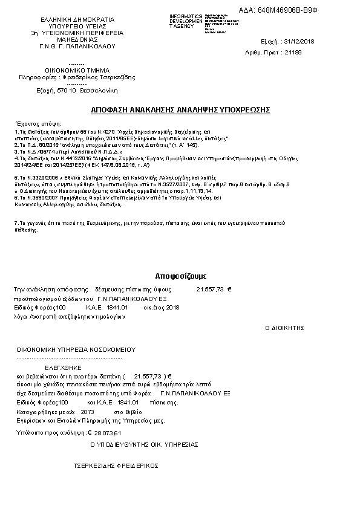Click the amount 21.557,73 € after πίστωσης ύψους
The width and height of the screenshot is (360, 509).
point(214,290)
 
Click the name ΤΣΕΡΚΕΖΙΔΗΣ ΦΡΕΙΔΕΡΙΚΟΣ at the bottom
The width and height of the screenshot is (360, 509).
point(116,465)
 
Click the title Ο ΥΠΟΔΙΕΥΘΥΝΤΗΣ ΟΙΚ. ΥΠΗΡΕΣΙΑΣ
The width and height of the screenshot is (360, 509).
point(144,444)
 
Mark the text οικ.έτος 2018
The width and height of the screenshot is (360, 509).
point(162,308)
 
